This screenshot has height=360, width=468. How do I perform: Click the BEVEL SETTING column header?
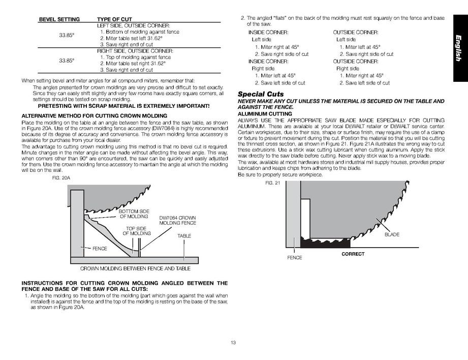click(59, 19)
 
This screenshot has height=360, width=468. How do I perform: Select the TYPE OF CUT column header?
click(115, 19)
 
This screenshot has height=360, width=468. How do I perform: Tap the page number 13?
click(233, 342)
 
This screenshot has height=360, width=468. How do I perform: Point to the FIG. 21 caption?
click(272, 183)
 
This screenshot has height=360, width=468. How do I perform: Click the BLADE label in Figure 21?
click(392, 234)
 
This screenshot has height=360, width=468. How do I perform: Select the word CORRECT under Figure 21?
click(353, 254)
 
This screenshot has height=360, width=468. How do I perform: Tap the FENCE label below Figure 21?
click(294, 258)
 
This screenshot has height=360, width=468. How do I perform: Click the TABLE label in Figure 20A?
click(184, 236)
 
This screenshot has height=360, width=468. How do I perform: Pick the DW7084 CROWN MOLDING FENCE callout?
click(177, 221)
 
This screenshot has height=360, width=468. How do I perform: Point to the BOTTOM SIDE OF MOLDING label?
click(134, 214)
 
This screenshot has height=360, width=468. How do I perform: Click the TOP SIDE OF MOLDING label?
click(137, 231)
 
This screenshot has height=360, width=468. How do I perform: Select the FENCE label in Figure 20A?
click(100, 249)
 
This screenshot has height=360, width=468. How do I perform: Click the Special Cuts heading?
click(261, 94)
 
